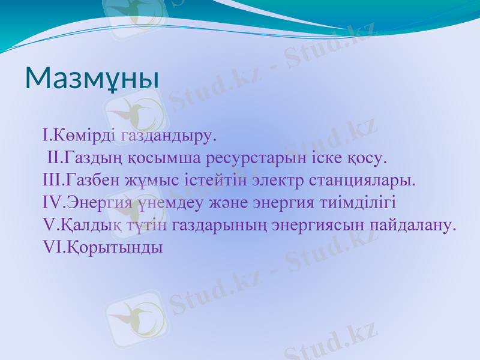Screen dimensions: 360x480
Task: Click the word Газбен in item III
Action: pyautogui.click(x=91, y=180)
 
